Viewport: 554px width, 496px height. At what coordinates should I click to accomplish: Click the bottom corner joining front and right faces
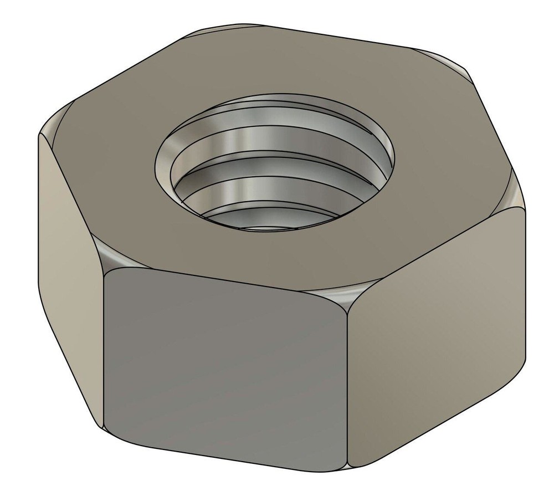tap(348, 464)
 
